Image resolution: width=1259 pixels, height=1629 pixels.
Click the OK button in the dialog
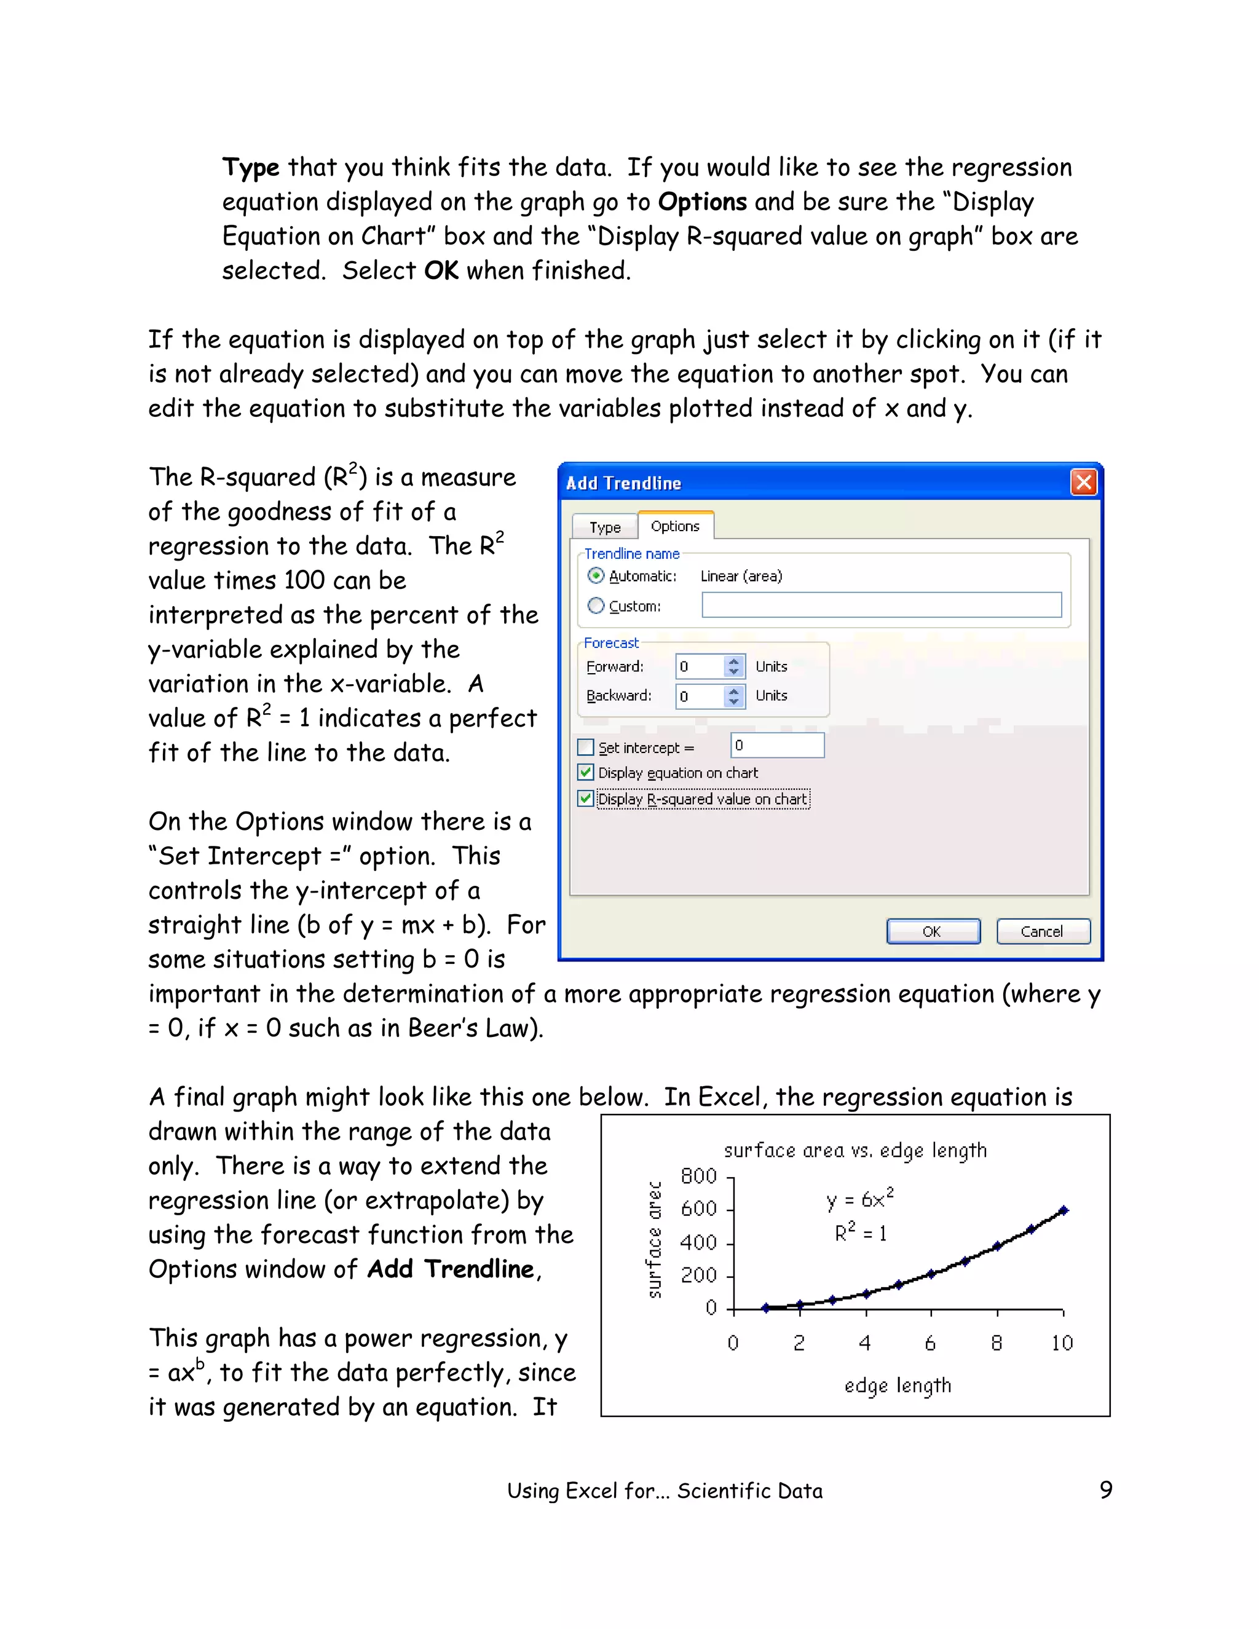[933, 931]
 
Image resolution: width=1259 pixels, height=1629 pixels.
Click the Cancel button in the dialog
[1043, 931]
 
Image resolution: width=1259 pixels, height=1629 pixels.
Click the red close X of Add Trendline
[1083, 482]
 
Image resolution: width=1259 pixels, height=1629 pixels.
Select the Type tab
[604, 527]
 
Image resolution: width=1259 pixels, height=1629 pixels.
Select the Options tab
[675, 526]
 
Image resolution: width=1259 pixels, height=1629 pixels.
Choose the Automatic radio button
[595, 575]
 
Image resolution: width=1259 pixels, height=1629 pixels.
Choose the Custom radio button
[595, 605]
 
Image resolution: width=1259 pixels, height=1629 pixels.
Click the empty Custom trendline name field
[881, 605]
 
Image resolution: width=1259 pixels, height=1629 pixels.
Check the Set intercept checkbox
[586, 747]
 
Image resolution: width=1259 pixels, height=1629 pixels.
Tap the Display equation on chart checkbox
[586, 773]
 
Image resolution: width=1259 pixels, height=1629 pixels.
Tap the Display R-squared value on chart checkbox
[586, 799]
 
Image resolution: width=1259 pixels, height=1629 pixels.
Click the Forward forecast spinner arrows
[734, 666]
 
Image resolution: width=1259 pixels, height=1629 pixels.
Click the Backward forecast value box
[700, 696]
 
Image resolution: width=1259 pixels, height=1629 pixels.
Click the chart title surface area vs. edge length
[854, 1150]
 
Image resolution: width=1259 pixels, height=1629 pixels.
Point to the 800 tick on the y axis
[698, 1176]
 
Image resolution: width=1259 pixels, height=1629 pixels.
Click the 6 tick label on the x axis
[930, 1343]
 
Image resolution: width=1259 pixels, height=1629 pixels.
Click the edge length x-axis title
[898, 1385]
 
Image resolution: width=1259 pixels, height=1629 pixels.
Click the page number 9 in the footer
[1105, 1489]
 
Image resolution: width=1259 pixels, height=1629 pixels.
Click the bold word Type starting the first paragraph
[251, 168]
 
